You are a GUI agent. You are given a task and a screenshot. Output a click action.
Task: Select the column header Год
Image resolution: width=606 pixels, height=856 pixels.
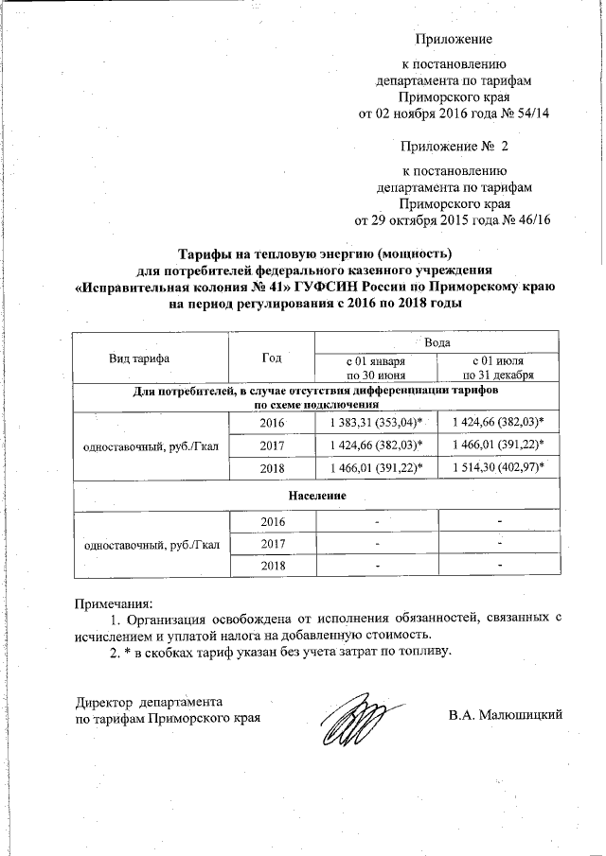pyautogui.click(x=272, y=358)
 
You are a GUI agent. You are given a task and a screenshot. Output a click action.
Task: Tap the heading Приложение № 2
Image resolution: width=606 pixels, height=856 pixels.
pyautogui.click(x=454, y=148)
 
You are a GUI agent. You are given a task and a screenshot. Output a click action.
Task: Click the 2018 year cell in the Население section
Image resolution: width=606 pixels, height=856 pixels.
pyautogui.click(x=271, y=566)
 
